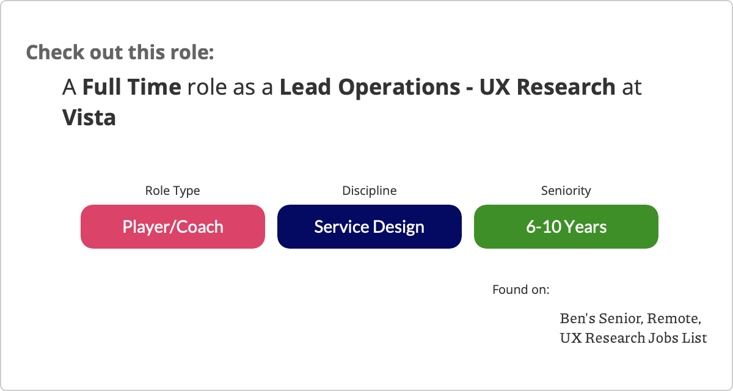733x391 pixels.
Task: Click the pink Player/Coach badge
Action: click(173, 227)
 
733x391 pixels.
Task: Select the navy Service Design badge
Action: click(370, 227)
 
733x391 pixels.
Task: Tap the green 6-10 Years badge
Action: click(566, 227)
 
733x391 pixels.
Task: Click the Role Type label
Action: click(172, 191)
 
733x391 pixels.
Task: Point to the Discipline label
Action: click(370, 191)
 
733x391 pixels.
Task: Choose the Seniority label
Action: click(566, 191)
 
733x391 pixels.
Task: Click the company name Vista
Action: click(89, 117)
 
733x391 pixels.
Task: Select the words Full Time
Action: click(131, 87)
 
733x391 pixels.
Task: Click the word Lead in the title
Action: click(305, 87)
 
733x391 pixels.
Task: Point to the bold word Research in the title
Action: click(566, 87)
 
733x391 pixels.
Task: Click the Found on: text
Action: click(521, 290)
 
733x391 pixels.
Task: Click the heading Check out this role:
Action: click(120, 53)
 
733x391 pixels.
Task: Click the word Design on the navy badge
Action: click(398, 227)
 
